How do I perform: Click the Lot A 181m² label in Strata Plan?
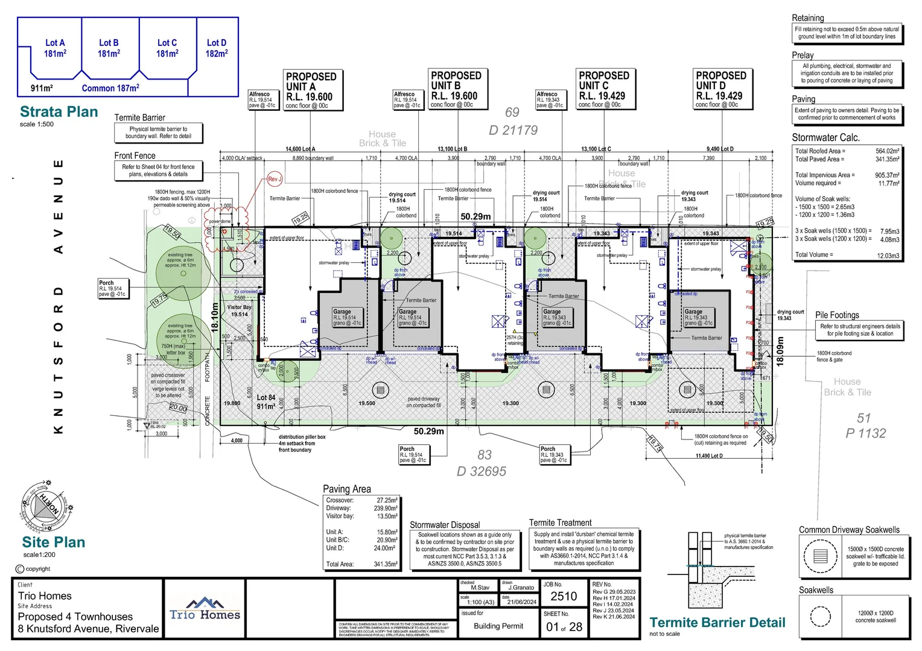(x=55, y=48)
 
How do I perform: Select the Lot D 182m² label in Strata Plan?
(x=217, y=48)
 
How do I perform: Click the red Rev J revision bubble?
(x=275, y=179)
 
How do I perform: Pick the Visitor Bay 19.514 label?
(x=239, y=310)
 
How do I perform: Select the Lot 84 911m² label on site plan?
(x=265, y=401)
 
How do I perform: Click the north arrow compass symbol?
(x=42, y=505)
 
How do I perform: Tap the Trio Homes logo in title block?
(x=205, y=609)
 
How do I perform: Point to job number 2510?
(x=564, y=596)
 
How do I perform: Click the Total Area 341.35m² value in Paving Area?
(x=386, y=564)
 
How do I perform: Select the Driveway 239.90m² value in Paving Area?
(x=386, y=508)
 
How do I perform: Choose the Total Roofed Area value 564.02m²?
(x=887, y=151)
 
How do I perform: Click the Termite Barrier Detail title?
(x=717, y=623)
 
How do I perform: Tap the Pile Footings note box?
(x=860, y=330)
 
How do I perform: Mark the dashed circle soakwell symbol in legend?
(x=821, y=617)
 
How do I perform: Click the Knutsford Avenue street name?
(x=59, y=296)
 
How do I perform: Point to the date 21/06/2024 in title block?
(x=521, y=602)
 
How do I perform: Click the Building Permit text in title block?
(x=498, y=626)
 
